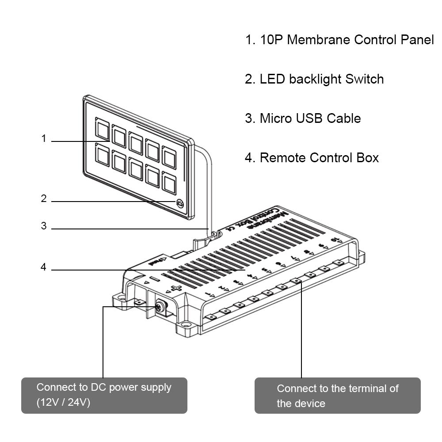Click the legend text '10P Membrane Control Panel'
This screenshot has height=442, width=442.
[x=339, y=40]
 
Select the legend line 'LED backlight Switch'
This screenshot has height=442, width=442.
[x=314, y=79]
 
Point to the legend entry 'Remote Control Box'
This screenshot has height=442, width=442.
[x=312, y=158]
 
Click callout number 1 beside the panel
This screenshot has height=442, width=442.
[x=44, y=139]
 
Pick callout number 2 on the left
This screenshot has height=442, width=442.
[x=44, y=199]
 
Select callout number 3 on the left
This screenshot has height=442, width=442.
[x=44, y=226]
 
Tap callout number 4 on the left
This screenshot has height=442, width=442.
[x=43, y=267]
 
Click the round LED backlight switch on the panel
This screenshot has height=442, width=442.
[x=180, y=203]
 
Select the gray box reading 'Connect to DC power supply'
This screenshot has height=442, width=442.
[x=104, y=395]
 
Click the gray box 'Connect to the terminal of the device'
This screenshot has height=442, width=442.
[x=337, y=396]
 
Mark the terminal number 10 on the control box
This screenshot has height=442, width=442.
[x=337, y=240]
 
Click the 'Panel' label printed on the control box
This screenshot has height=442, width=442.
[x=156, y=262]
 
